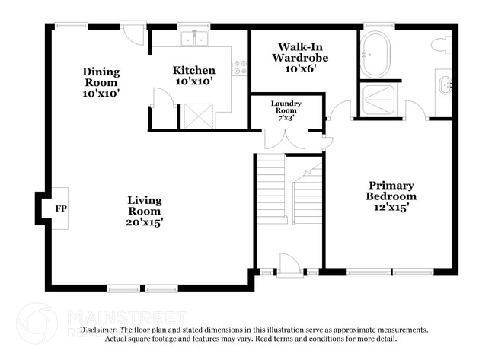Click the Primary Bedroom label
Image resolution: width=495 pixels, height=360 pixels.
click(x=391, y=190)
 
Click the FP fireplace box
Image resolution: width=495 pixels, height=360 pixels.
click(x=60, y=208)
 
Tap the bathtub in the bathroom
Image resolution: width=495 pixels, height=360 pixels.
click(x=375, y=54)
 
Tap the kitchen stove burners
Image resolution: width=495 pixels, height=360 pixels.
click(x=241, y=68)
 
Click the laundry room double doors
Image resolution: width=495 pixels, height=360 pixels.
click(x=285, y=139)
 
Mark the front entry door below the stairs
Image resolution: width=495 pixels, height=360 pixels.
click(x=289, y=265)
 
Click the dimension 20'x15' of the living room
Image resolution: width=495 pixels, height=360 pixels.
click(x=144, y=222)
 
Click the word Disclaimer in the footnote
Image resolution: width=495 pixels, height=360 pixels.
click(x=98, y=330)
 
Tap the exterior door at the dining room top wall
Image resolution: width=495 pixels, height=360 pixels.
click(x=133, y=34)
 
